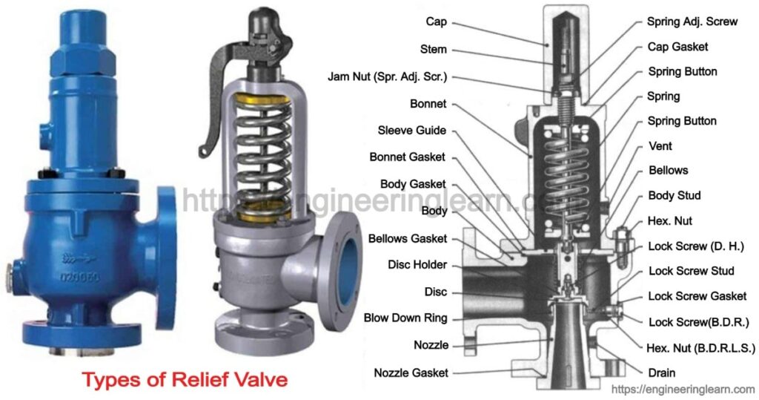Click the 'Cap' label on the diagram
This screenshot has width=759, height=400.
(x=437, y=23)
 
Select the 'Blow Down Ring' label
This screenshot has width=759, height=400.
(x=405, y=318)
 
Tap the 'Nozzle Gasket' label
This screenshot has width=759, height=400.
(x=411, y=373)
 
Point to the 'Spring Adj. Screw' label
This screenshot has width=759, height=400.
(x=692, y=22)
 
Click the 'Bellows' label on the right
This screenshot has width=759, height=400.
(x=668, y=170)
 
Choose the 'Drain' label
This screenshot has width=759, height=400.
(x=661, y=373)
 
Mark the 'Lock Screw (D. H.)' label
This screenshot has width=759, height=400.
(x=695, y=246)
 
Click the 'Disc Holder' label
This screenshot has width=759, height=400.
(x=417, y=265)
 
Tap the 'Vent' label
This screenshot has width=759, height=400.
(x=660, y=146)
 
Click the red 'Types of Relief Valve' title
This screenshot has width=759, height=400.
(x=184, y=381)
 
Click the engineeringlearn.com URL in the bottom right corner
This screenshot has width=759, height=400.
(x=682, y=389)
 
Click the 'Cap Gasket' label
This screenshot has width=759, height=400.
(x=678, y=47)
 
